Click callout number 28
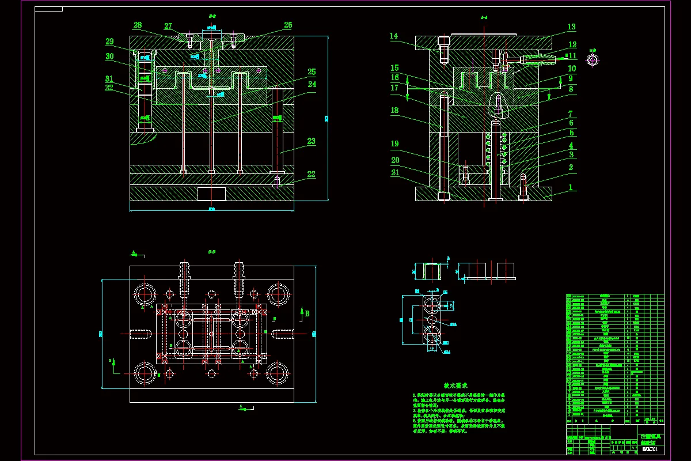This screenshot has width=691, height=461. click(x=138, y=25)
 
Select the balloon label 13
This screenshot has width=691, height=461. click(x=571, y=27)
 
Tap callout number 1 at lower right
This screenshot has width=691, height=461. click(x=571, y=187)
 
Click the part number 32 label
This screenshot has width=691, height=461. click(x=109, y=88)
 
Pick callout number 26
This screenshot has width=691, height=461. click(x=288, y=25)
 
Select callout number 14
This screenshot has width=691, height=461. click(x=394, y=36)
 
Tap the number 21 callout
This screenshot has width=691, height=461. click(x=395, y=173)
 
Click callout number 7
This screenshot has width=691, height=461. click(x=571, y=114)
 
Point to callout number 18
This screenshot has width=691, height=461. click(x=394, y=110)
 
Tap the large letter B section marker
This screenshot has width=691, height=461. click(x=307, y=313)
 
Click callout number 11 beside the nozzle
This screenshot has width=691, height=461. click(x=572, y=56)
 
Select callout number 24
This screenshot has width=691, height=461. click(x=312, y=84)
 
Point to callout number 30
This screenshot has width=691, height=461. click(x=109, y=57)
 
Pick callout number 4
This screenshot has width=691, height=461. click(x=571, y=146)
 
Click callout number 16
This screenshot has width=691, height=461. click(x=394, y=77)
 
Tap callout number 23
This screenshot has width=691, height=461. click(x=311, y=141)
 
